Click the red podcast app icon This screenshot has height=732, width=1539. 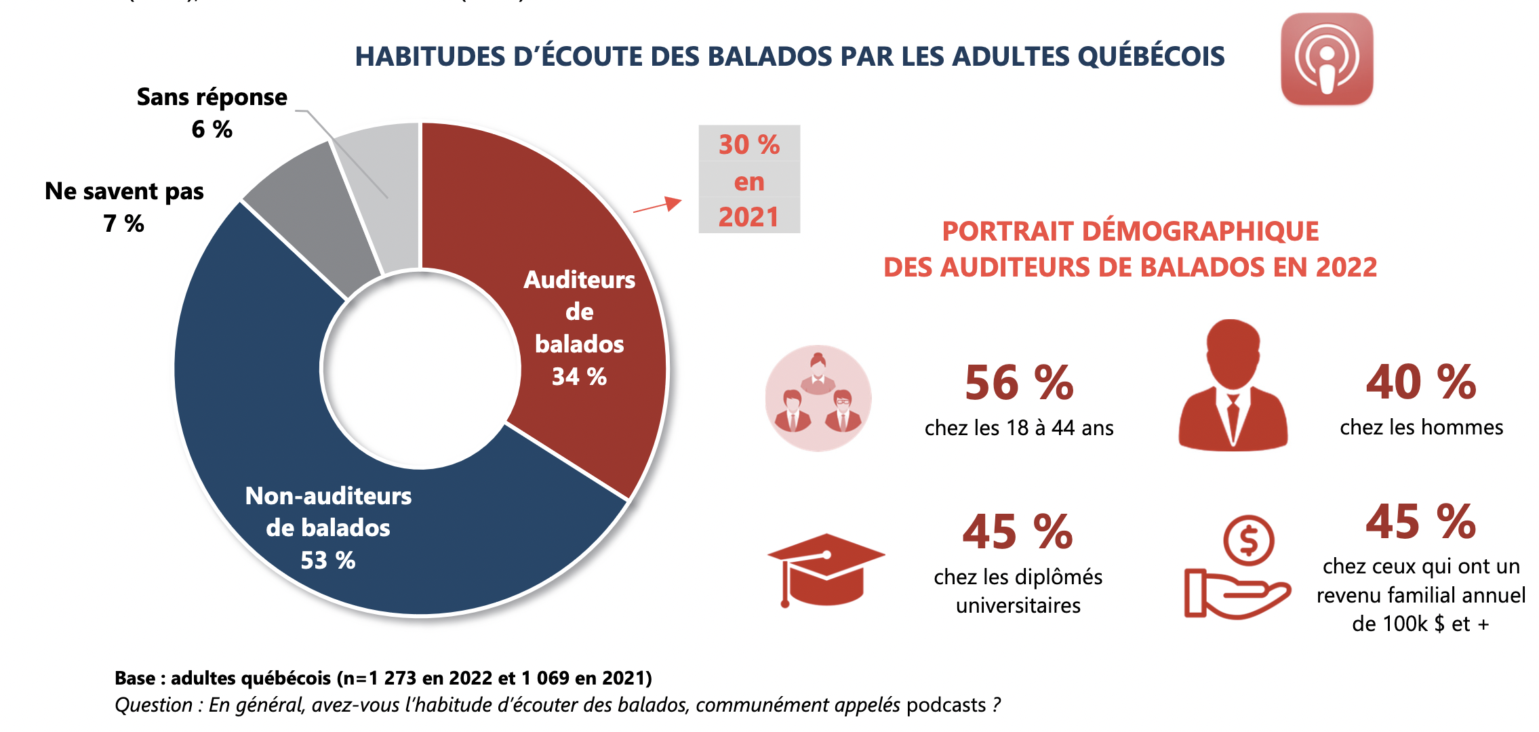[1326, 59]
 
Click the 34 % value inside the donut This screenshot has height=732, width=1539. [579, 377]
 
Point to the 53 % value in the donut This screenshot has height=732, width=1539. [328, 561]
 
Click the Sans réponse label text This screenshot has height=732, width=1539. [212, 98]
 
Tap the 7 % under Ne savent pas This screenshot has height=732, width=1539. [124, 224]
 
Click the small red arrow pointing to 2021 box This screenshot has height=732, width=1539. [658, 205]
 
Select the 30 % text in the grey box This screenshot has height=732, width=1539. [749, 145]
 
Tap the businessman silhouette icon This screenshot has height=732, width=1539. [1233, 386]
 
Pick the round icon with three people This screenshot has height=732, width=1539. [818, 399]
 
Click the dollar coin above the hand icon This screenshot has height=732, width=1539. [1248, 541]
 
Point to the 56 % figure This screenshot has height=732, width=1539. [1019, 383]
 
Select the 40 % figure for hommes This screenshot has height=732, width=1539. [1421, 382]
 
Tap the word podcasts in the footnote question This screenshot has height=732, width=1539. [946, 705]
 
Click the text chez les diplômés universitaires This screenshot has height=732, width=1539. [1018, 591]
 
